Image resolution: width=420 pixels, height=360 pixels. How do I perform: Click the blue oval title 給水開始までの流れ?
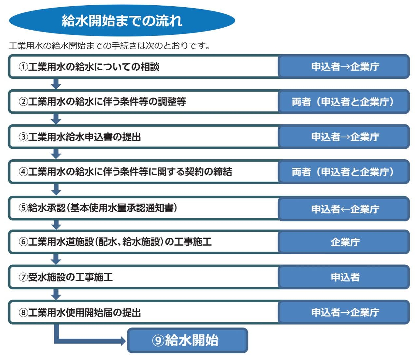tap(122, 20)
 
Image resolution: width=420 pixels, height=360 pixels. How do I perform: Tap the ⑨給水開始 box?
tap(188, 341)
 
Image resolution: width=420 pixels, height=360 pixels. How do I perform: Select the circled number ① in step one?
tap(23, 67)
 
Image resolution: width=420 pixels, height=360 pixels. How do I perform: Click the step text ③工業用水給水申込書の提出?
tap(80, 137)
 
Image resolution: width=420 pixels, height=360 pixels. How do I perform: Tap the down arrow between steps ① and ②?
tap(56, 84)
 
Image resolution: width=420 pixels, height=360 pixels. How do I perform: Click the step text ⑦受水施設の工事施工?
tap(66, 277)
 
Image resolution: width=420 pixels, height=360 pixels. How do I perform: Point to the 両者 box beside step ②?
tap(344, 101)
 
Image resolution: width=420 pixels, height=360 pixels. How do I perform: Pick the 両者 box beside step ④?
tap(344, 172)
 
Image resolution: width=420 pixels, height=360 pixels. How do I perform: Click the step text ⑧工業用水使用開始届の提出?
tap(80, 312)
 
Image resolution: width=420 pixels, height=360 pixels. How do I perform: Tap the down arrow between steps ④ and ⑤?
tap(56, 190)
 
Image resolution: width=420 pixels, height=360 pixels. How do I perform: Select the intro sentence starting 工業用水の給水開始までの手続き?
tap(109, 46)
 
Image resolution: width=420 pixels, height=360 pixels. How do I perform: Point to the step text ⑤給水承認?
tap(98, 208)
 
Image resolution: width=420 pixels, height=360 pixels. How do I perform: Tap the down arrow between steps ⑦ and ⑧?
tap(56, 295)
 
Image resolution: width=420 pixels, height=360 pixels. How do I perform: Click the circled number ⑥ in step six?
tap(23, 242)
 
